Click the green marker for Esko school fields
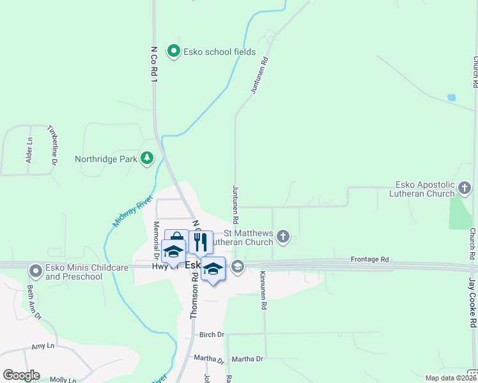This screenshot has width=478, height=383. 173,51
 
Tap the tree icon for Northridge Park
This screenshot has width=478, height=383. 148,158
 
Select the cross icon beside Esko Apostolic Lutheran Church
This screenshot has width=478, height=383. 465,189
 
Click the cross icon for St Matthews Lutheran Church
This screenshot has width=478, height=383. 283,238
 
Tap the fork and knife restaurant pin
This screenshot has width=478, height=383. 201,241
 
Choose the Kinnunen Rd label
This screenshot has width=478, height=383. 263,290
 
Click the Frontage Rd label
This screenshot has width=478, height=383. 370,260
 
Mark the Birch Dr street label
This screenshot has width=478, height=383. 212,334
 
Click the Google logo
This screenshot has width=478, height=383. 21,375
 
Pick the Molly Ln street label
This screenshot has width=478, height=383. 63,379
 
